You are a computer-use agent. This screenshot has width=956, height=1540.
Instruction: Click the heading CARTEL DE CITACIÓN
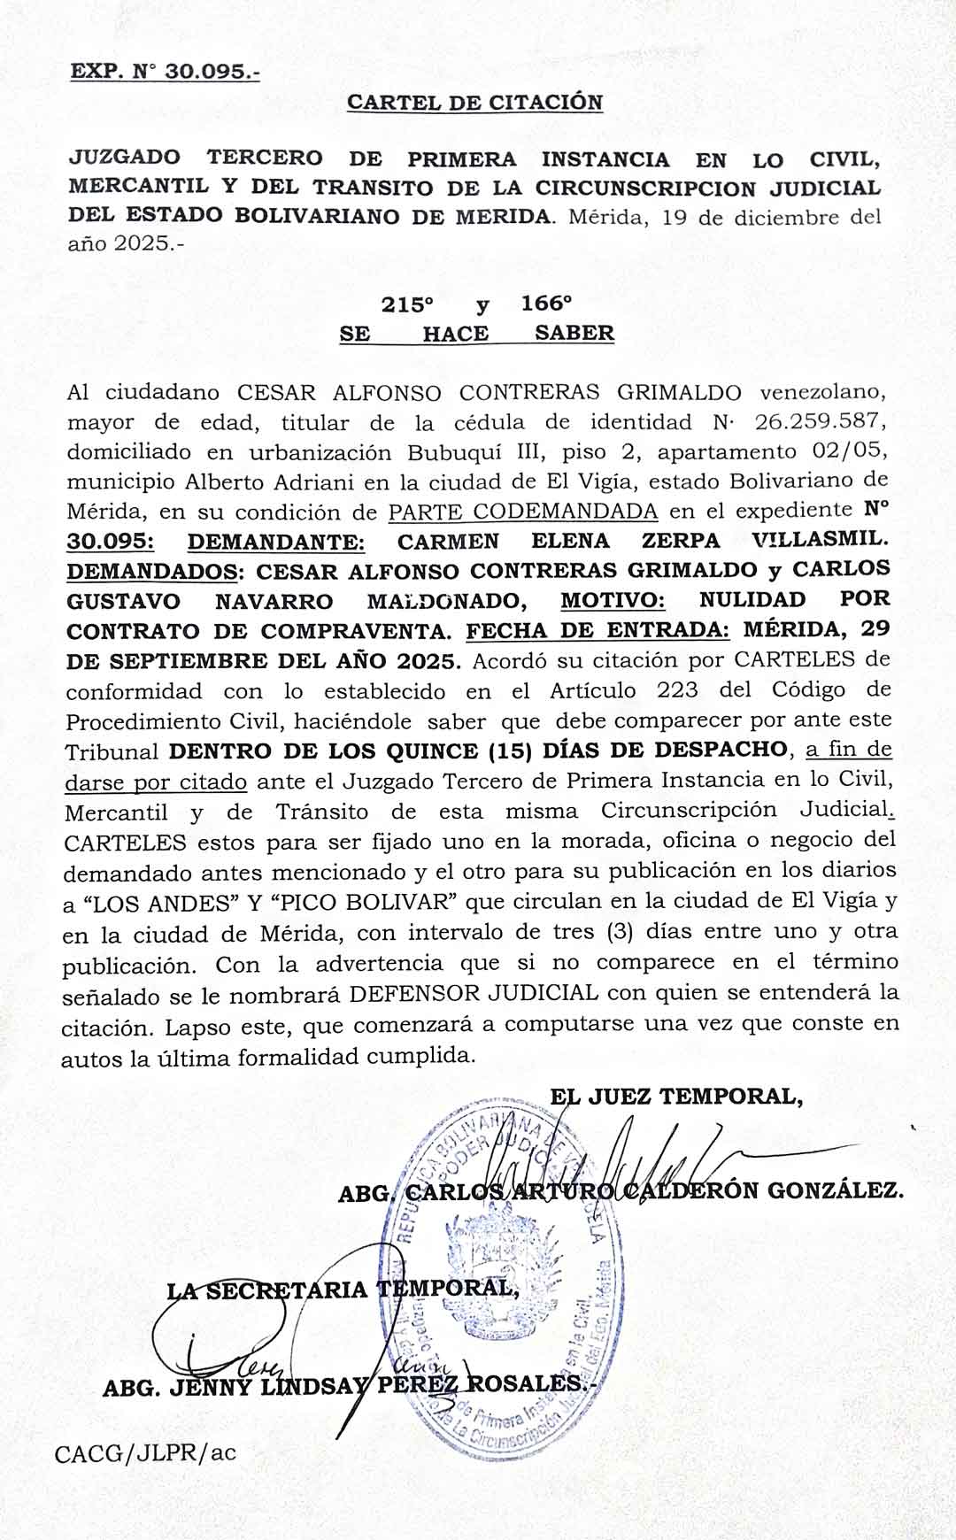[x=474, y=103]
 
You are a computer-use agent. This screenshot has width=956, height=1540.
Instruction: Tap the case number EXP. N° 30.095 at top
[x=165, y=72]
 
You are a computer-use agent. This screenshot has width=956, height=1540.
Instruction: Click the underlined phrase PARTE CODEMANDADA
[x=523, y=512]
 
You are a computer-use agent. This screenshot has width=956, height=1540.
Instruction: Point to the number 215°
[x=407, y=304]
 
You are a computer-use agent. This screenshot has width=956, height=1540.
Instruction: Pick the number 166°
[x=546, y=304]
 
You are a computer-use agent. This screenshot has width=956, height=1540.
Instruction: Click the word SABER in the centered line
[x=574, y=334]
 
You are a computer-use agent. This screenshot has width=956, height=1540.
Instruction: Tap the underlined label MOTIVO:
[x=613, y=601]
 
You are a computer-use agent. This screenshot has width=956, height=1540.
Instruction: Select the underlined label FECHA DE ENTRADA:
[x=597, y=631]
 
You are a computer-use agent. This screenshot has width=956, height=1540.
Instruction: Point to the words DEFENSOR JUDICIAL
[x=474, y=993]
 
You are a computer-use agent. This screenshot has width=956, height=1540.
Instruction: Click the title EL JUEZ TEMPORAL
[x=676, y=1097]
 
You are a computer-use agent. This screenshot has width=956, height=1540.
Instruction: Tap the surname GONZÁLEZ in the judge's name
[x=835, y=1190]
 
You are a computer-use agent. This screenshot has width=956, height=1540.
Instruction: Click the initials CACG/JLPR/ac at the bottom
[x=145, y=1453]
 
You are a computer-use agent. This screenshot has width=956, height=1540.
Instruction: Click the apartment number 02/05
[x=849, y=451]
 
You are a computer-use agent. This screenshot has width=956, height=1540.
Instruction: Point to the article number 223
[x=677, y=690]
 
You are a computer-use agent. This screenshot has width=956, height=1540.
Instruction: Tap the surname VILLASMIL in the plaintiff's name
[x=820, y=541]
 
